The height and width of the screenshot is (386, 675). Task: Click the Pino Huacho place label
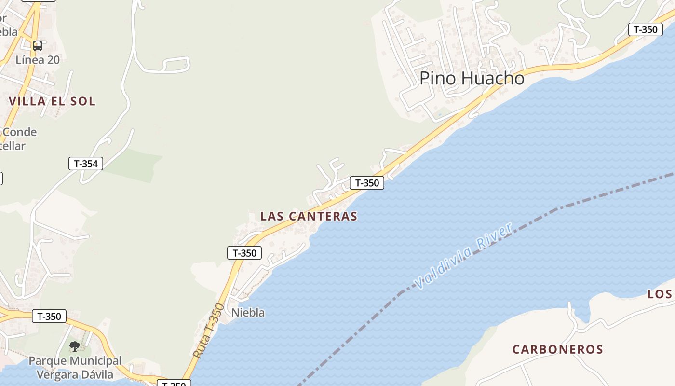(472, 78)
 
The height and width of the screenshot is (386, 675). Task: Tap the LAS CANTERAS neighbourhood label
(309, 216)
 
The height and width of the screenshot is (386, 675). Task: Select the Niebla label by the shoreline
(248, 313)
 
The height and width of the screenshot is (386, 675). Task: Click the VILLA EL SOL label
(52, 101)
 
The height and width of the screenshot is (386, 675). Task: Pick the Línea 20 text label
(38, 60)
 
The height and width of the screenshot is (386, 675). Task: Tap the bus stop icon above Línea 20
(38, 46)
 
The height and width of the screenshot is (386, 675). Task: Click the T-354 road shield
(86, 164)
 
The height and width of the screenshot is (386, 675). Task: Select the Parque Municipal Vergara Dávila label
(75, 368)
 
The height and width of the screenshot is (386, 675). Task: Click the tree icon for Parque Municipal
(74, 346)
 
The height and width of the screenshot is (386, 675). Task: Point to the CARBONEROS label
(558, 349)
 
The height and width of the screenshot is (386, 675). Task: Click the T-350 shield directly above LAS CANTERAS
(367, 183)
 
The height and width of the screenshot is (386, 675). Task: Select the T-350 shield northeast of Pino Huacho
(645, 29)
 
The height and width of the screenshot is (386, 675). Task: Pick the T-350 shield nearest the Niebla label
(244, 253)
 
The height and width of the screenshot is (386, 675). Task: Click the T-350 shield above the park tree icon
(49, 317)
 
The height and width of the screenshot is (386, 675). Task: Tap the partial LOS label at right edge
(660, 294)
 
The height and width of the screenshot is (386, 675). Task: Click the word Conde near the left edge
(19, 132)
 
